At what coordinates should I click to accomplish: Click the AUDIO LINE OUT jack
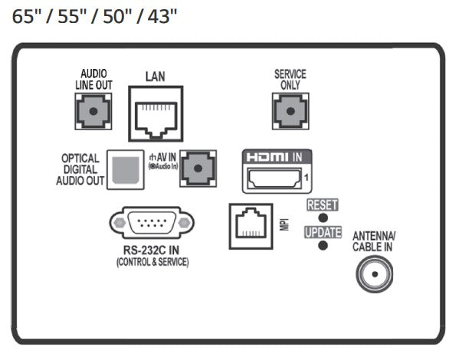click(x=93, y=112)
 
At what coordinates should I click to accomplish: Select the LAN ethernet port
click(x=156, y=113)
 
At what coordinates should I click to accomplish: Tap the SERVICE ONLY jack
click(x=290, y=112)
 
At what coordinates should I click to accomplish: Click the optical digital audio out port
click(x=126, y=170)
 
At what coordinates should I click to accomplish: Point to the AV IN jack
click(x=198, y=169)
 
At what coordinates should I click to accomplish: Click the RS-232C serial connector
click(x=152, y=223)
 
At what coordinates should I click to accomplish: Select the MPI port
click(x=251, y=226)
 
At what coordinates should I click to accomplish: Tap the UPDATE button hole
click(x=323, y=245)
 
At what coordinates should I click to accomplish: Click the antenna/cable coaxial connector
click(x=375, y=274)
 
